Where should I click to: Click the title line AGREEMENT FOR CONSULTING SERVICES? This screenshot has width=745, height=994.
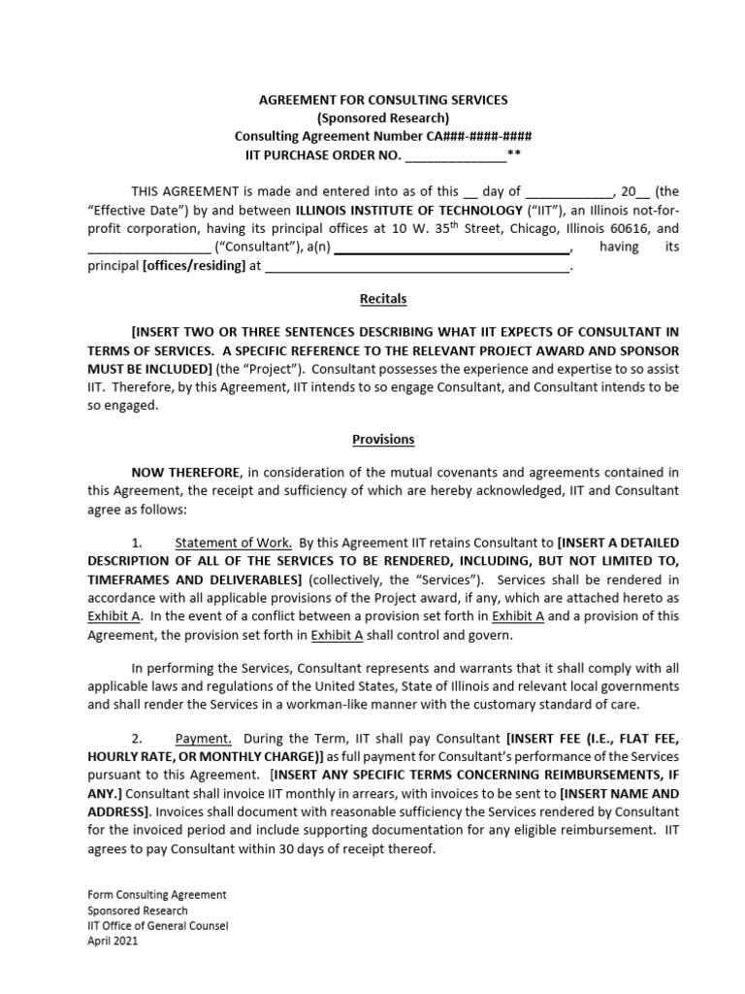click(382, 100)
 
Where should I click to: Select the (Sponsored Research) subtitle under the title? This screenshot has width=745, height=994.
click(382, 117)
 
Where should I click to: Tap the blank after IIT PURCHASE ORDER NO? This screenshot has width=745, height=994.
click(455, 154)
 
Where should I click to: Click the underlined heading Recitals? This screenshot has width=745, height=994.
click(383, 298)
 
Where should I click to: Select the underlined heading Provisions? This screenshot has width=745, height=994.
click(383, 439)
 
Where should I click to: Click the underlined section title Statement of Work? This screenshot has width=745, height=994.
click(233, 543)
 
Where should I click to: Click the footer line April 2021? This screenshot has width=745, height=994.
click(113, 942)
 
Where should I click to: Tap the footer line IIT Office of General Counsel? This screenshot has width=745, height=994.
click(158, 926)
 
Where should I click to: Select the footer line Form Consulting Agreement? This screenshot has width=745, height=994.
click(157, 895)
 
